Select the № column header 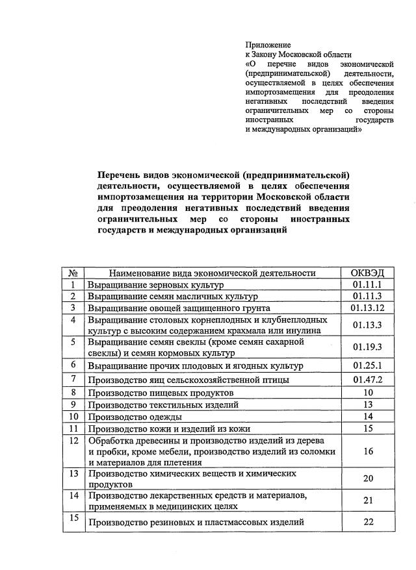click(x=73, y=273)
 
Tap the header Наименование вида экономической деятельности click(x=212, y=273)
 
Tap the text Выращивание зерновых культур click(x=155, y=286)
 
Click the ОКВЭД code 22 click(x=369, y=522)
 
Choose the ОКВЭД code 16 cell click(x=369, y=451)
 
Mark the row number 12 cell click(x=73, y=441)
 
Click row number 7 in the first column click(x=73, y=378)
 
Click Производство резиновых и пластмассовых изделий click(x=196, y=523)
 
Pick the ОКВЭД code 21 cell click(x=369, y=500)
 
